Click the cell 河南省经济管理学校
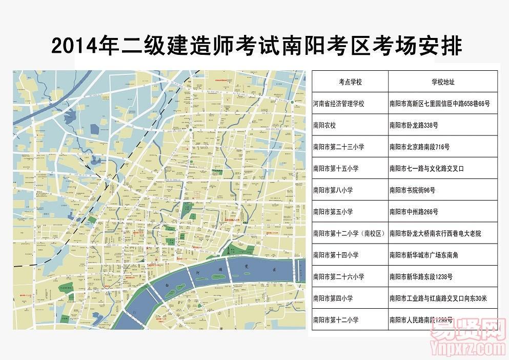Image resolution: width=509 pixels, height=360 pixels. pyautogui.click(x=338, y=104)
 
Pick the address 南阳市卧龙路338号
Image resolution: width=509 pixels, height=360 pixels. pyautogui.click(x=414, y=125)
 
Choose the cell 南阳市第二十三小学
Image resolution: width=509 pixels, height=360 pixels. pyautogui.click(x=338, y=147)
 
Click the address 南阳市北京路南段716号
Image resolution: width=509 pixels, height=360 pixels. pyautogui.click(x=419, y=147)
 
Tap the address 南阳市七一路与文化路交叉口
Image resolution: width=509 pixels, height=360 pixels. pyautogui.click(x=426, y=168)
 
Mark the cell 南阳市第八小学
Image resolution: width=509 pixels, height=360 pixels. pyautogui.click(x=333, y=190)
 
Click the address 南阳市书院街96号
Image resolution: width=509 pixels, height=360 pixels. pyautogui.click(x=412, y=190)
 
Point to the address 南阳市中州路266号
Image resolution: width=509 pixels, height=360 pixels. pyautogui.click(x=414, y=211)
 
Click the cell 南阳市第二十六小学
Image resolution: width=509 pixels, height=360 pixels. pyautogui.click(x=338, y=276)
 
